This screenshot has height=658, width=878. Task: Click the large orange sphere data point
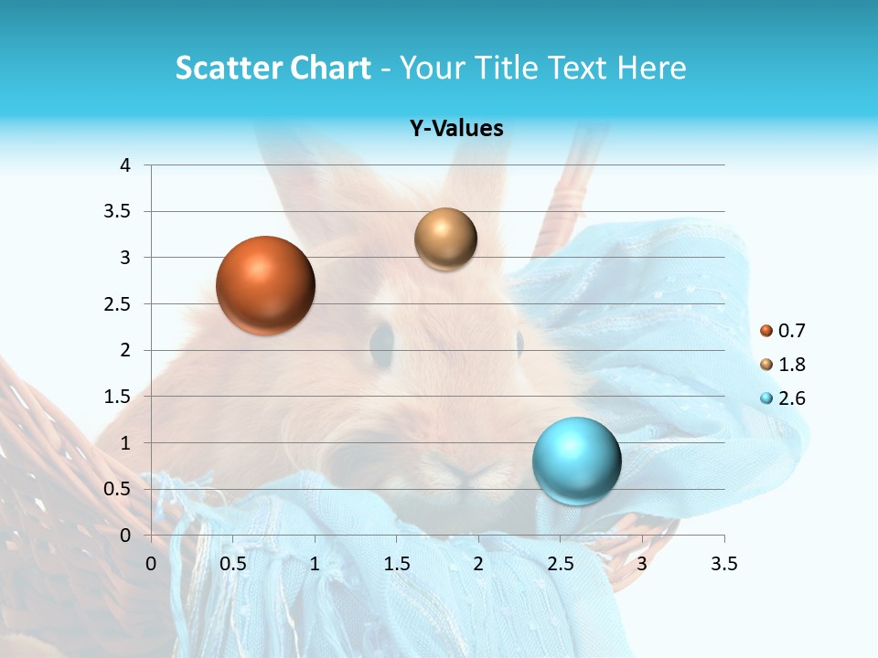point(265,284)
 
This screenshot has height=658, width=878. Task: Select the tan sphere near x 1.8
point(445,239)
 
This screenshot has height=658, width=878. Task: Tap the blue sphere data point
point(576,461)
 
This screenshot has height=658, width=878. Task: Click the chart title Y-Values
point(455,128)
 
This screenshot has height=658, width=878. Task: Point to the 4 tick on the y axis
point(125,165)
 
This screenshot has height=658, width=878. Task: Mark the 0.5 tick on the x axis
point(233,564)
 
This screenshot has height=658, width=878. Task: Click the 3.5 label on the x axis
point(723,564)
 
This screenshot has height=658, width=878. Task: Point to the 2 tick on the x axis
point(478,564)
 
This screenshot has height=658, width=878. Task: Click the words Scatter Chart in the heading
point(273,68)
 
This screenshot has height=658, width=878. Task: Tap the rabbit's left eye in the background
point(381,342)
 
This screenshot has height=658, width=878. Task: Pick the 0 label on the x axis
point(152,564)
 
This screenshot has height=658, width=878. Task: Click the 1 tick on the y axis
point(125,443)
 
